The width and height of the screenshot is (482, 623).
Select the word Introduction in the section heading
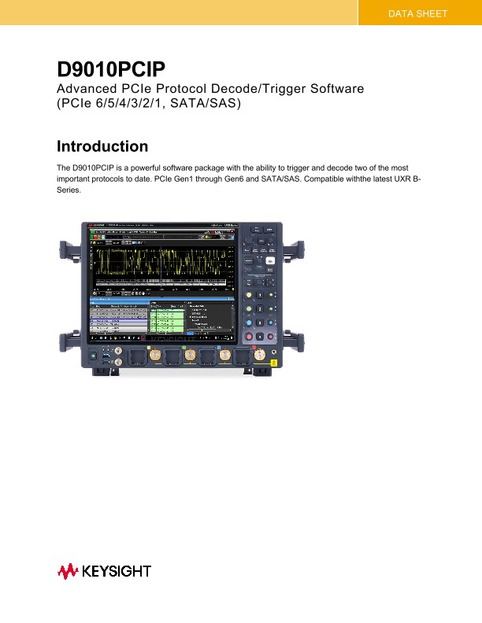click(102, 146)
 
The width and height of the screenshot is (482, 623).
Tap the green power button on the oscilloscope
click(95, 356)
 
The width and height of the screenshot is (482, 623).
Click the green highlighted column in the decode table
click(166, 323)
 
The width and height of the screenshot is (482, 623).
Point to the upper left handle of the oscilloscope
click(67, 253)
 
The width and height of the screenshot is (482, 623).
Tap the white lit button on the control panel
click(269, 260)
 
